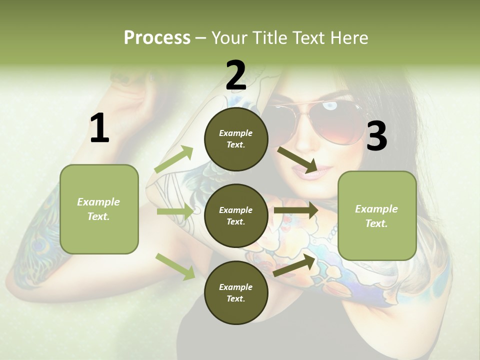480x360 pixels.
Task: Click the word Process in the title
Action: tap(157, 37)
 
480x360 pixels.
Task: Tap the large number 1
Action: tap(99, 128)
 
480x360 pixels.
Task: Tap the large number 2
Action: tap(236, 75)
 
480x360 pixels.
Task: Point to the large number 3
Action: tap(376, 136)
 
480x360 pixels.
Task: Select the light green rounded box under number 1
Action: tap(99, 209)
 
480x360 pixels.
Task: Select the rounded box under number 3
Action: tap(377, 215)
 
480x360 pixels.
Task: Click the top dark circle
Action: tap(236, 139)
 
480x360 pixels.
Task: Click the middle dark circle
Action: tap(236, 215)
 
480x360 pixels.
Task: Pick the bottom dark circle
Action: tap(236, 292)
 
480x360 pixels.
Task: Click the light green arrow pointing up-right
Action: tap(174, 159)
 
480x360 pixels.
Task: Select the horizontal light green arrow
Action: tap(175, 212)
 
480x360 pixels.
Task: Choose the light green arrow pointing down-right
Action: tap(175, 266)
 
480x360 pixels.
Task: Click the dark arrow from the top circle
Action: tap(298, 159)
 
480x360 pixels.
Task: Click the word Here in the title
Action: tap(349, 37)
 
